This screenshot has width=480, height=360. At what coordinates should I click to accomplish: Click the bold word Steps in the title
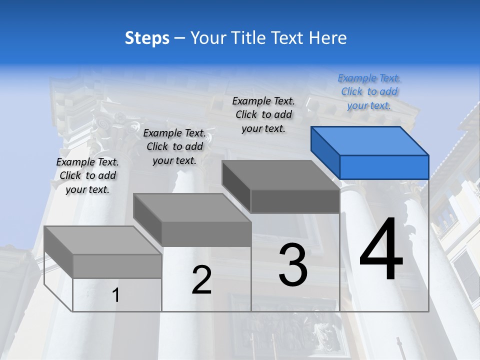pyautogui.click(x=147, y=38)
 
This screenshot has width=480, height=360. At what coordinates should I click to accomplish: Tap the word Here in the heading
pyautogui.click(x=327, y=38)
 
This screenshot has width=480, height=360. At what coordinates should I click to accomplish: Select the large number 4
pyautogui.click(x=381, y=250)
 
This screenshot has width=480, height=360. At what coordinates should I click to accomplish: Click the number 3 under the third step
pyautogui.click(x=293, y=264)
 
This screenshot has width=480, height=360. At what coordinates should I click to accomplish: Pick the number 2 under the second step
pyautogui.click(x=201, y=280)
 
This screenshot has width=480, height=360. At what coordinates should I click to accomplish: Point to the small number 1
pyautogui.click(x=116, y=295)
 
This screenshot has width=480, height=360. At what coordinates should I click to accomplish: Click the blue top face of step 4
pyautogui.click(x=369, y=140)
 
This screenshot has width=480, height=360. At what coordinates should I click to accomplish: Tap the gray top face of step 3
pyautogui.click(x=280, y=175)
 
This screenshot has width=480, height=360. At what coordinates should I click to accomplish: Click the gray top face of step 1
pyautogui.click(x=102, y=240)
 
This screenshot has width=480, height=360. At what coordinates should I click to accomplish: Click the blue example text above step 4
pyautogui.click(x=369, y=92)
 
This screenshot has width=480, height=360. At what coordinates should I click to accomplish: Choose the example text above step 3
pyautogui.click(x=263, y=114)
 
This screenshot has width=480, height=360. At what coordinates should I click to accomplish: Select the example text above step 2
pyautogui.click(x=174, y=146)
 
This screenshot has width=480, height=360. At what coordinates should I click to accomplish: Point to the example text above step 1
pyautogui.click(x=87, y=175)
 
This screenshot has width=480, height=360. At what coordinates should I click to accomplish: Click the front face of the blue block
pyautogui.click(x=384, y=167)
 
